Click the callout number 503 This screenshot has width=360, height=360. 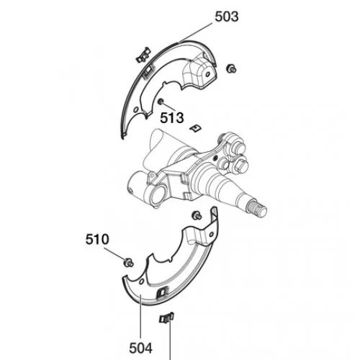(227, 17)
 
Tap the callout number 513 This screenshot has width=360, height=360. (172, 118)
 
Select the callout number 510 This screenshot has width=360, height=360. (97, 239)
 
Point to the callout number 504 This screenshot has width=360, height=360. (141, 348)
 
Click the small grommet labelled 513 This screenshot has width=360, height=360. (160, 102)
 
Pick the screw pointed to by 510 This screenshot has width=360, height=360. (128, 262)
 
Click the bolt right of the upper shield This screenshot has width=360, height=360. (231, 68)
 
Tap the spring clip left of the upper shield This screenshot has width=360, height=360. (143, 55)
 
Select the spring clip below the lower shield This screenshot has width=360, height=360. (166, 318)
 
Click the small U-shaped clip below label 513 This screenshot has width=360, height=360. (196, 128)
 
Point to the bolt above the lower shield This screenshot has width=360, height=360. (197, 215)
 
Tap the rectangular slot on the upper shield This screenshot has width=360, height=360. (148, 71)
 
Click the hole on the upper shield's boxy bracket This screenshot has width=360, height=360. (208, 75)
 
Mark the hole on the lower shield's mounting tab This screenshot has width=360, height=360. (212, 235)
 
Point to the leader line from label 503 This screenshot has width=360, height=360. (196, 33)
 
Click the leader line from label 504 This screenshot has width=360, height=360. (140, 316)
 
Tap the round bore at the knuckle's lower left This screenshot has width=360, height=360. (157, 195)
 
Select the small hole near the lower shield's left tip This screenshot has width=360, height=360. (141, 282)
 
